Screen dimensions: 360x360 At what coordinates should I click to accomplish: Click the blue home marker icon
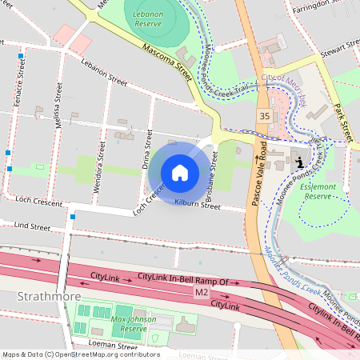pos(180,173)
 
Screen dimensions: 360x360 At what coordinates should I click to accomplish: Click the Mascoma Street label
pos(168,61)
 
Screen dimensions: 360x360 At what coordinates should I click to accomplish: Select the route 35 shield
pos(263,116)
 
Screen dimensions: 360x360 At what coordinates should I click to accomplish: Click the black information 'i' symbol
pos(299,162)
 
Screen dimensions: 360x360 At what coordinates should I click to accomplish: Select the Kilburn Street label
pos(197,205)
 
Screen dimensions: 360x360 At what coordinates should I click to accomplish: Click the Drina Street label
pos(146,151)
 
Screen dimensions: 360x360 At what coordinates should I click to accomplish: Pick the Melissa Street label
pos(58,99)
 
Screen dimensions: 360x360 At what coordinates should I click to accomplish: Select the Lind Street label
pos(32,227)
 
